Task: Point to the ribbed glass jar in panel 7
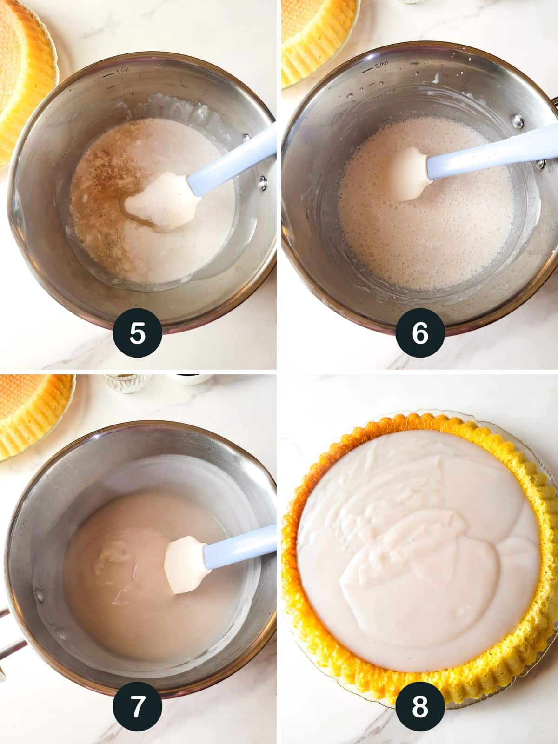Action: [126, 383]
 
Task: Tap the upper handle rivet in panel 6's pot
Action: [518, 121]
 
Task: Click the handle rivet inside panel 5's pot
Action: [262, 182]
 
